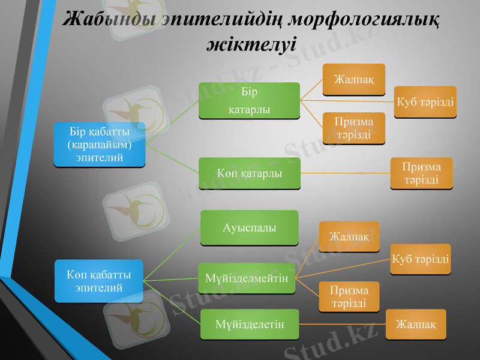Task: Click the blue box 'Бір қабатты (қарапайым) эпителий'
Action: [99, 145]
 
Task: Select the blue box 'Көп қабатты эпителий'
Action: [99, 280]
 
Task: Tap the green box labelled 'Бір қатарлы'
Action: [250, 101]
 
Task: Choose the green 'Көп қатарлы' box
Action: [250, 173]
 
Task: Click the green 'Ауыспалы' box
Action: [250, 228]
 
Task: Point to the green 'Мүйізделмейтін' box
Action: [247, 278]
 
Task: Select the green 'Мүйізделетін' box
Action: [250, 324]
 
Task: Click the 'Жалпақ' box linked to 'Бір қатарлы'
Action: [353, 79]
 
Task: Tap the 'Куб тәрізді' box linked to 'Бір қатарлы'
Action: [425, 102]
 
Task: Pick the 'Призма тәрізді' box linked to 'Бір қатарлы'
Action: [353, 128]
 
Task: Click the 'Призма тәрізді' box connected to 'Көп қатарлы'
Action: [421, 173]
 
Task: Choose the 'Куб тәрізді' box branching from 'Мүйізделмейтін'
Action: [421, 259]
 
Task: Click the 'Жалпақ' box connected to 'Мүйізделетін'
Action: [416, 324]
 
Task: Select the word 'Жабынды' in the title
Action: [110, 20]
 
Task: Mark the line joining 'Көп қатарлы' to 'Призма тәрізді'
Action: [345, 173]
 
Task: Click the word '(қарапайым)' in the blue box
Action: [99, 145]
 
